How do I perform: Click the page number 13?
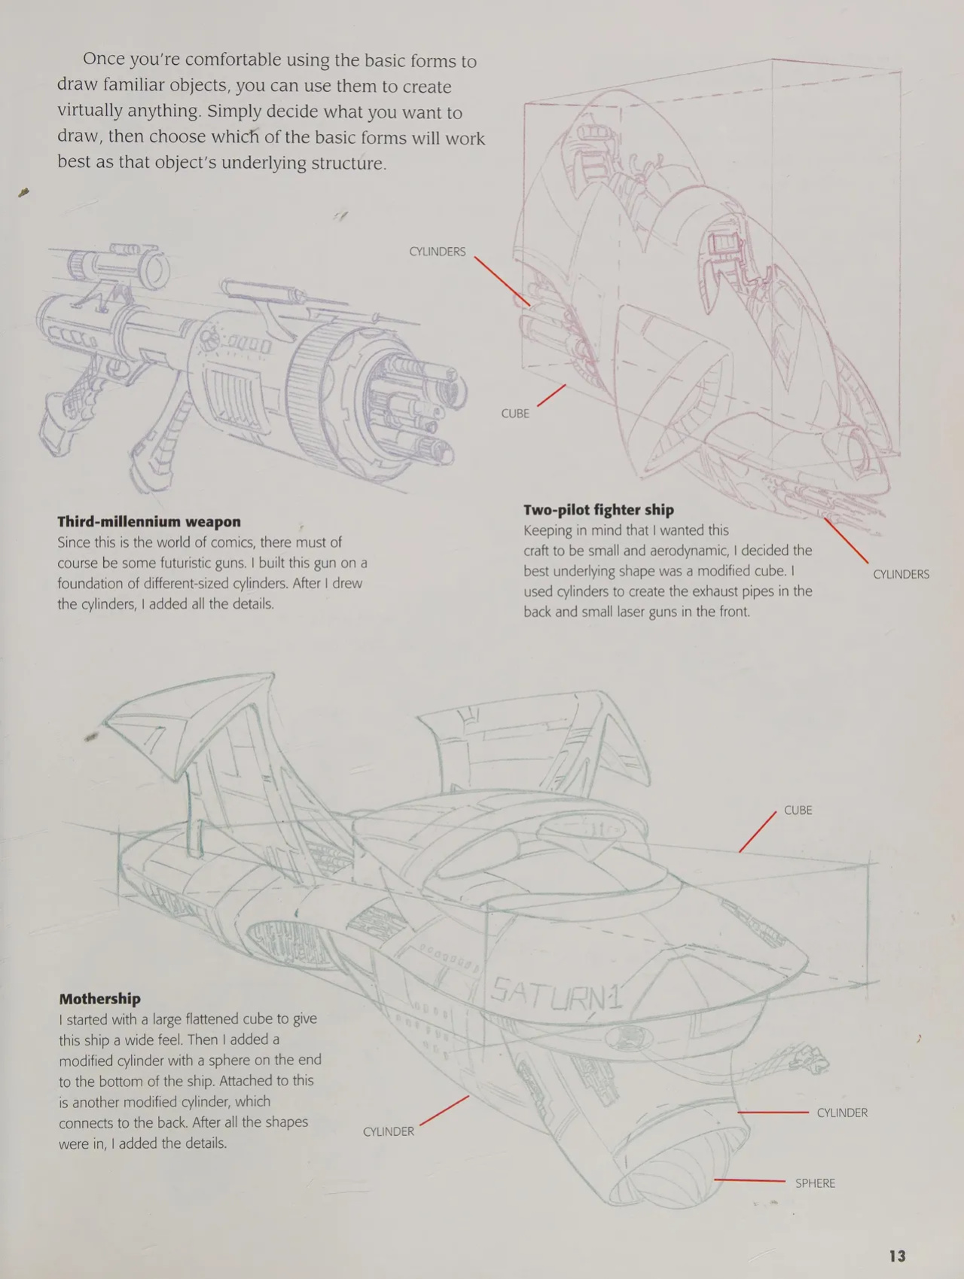click(x=897, y=1256)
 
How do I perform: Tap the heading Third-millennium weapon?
click(x=149, y=521)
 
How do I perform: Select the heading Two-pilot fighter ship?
click(x=599, y=510)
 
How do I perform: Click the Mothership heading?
click(x=100, y=999)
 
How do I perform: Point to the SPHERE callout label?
click(x=815, y=1183)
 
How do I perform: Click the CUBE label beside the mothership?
click(x=798, y=810)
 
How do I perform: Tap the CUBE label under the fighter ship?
click(x=515, y=414)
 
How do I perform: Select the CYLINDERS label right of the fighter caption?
click(x=901, y=574)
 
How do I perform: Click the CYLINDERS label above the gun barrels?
click(x=437, y=252)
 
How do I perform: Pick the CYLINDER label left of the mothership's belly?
click(x=388, y=1131)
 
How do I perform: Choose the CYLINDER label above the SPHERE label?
click(x=842, y=1113)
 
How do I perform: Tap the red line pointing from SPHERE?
click(x=750, y=1181)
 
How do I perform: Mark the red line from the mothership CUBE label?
click(x=758, y=832)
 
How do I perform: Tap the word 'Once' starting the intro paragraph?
click(x=107, y=59)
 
